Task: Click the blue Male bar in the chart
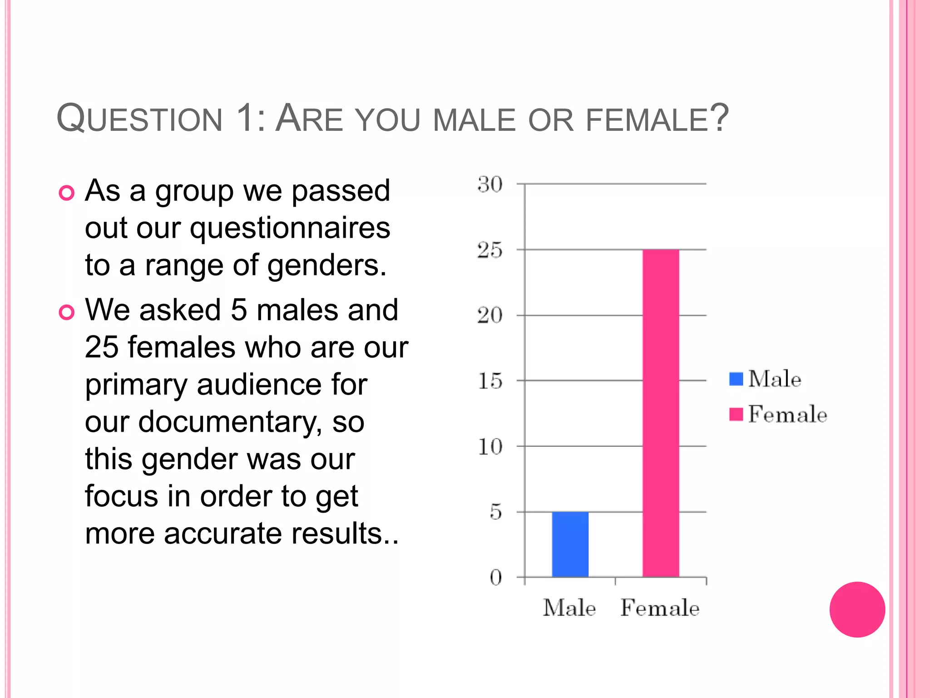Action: (570, 544)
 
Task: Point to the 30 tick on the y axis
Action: (490, 184)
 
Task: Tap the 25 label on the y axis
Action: (490, 250)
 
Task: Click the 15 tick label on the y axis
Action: (490, 381)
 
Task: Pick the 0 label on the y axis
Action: (496, 578)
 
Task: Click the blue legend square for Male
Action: (736, 379)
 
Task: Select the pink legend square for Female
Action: (736, 414)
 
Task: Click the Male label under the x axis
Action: (569, 608)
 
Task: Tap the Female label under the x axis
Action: (660, 608)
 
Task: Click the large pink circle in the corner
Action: (857, 609)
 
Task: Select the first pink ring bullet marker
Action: (67, 193)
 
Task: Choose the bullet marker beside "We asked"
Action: (67, 313)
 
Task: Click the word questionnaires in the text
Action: (290, 228)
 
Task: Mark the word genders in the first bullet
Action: (326, 265)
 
